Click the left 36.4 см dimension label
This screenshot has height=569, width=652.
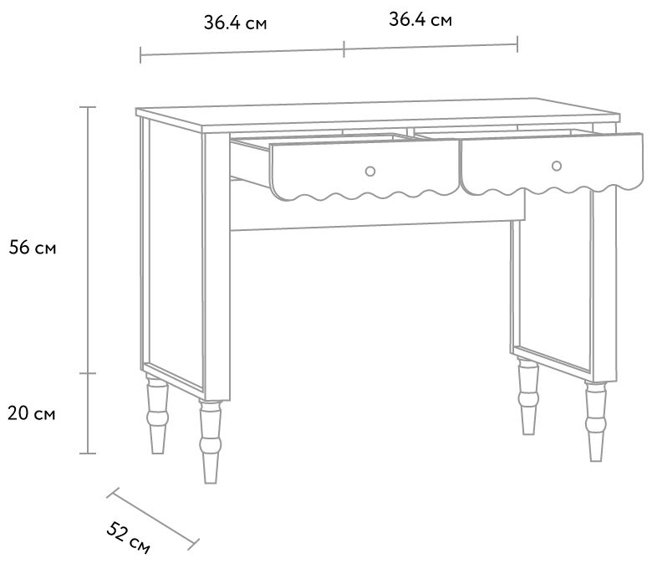tap(235, 23)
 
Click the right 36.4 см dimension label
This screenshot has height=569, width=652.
tap(420, 19)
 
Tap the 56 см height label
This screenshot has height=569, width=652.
tap(33, 248)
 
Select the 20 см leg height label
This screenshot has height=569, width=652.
tap(32, 413)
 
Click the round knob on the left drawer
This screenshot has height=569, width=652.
tap(370, 171)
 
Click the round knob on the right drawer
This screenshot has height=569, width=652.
tap(557, 166)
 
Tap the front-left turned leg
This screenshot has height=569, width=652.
tap(211, 442)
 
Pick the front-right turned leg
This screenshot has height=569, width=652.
tap(595, 422)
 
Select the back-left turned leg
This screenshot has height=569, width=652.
tap(157, 414)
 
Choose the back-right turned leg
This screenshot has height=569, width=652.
tap(528, 397)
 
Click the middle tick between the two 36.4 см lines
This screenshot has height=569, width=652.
tap(344, 49)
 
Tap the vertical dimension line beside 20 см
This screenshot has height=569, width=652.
tap(88, 413)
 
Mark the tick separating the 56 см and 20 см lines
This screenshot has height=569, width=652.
tap(88, 373)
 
